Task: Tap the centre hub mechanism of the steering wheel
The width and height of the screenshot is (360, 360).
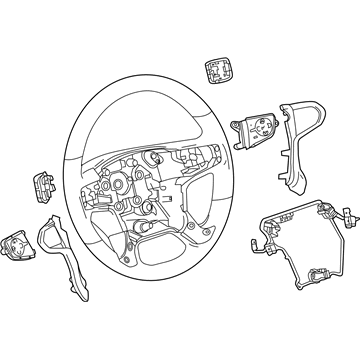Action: pos(151,180)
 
